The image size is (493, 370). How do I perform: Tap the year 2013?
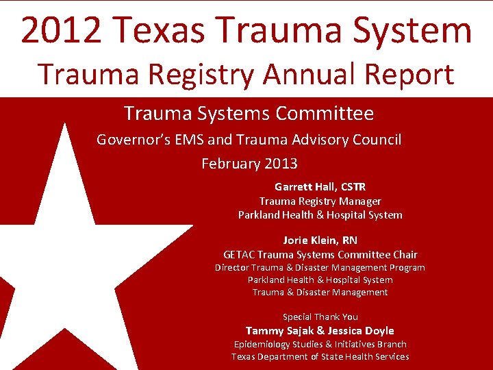coord(281,164)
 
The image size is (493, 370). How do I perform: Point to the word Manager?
coord(359,201)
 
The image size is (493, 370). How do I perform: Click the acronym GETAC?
coord(240,254)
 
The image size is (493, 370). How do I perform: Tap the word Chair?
coord(403,254)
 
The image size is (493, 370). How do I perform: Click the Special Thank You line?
coord(320,317)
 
